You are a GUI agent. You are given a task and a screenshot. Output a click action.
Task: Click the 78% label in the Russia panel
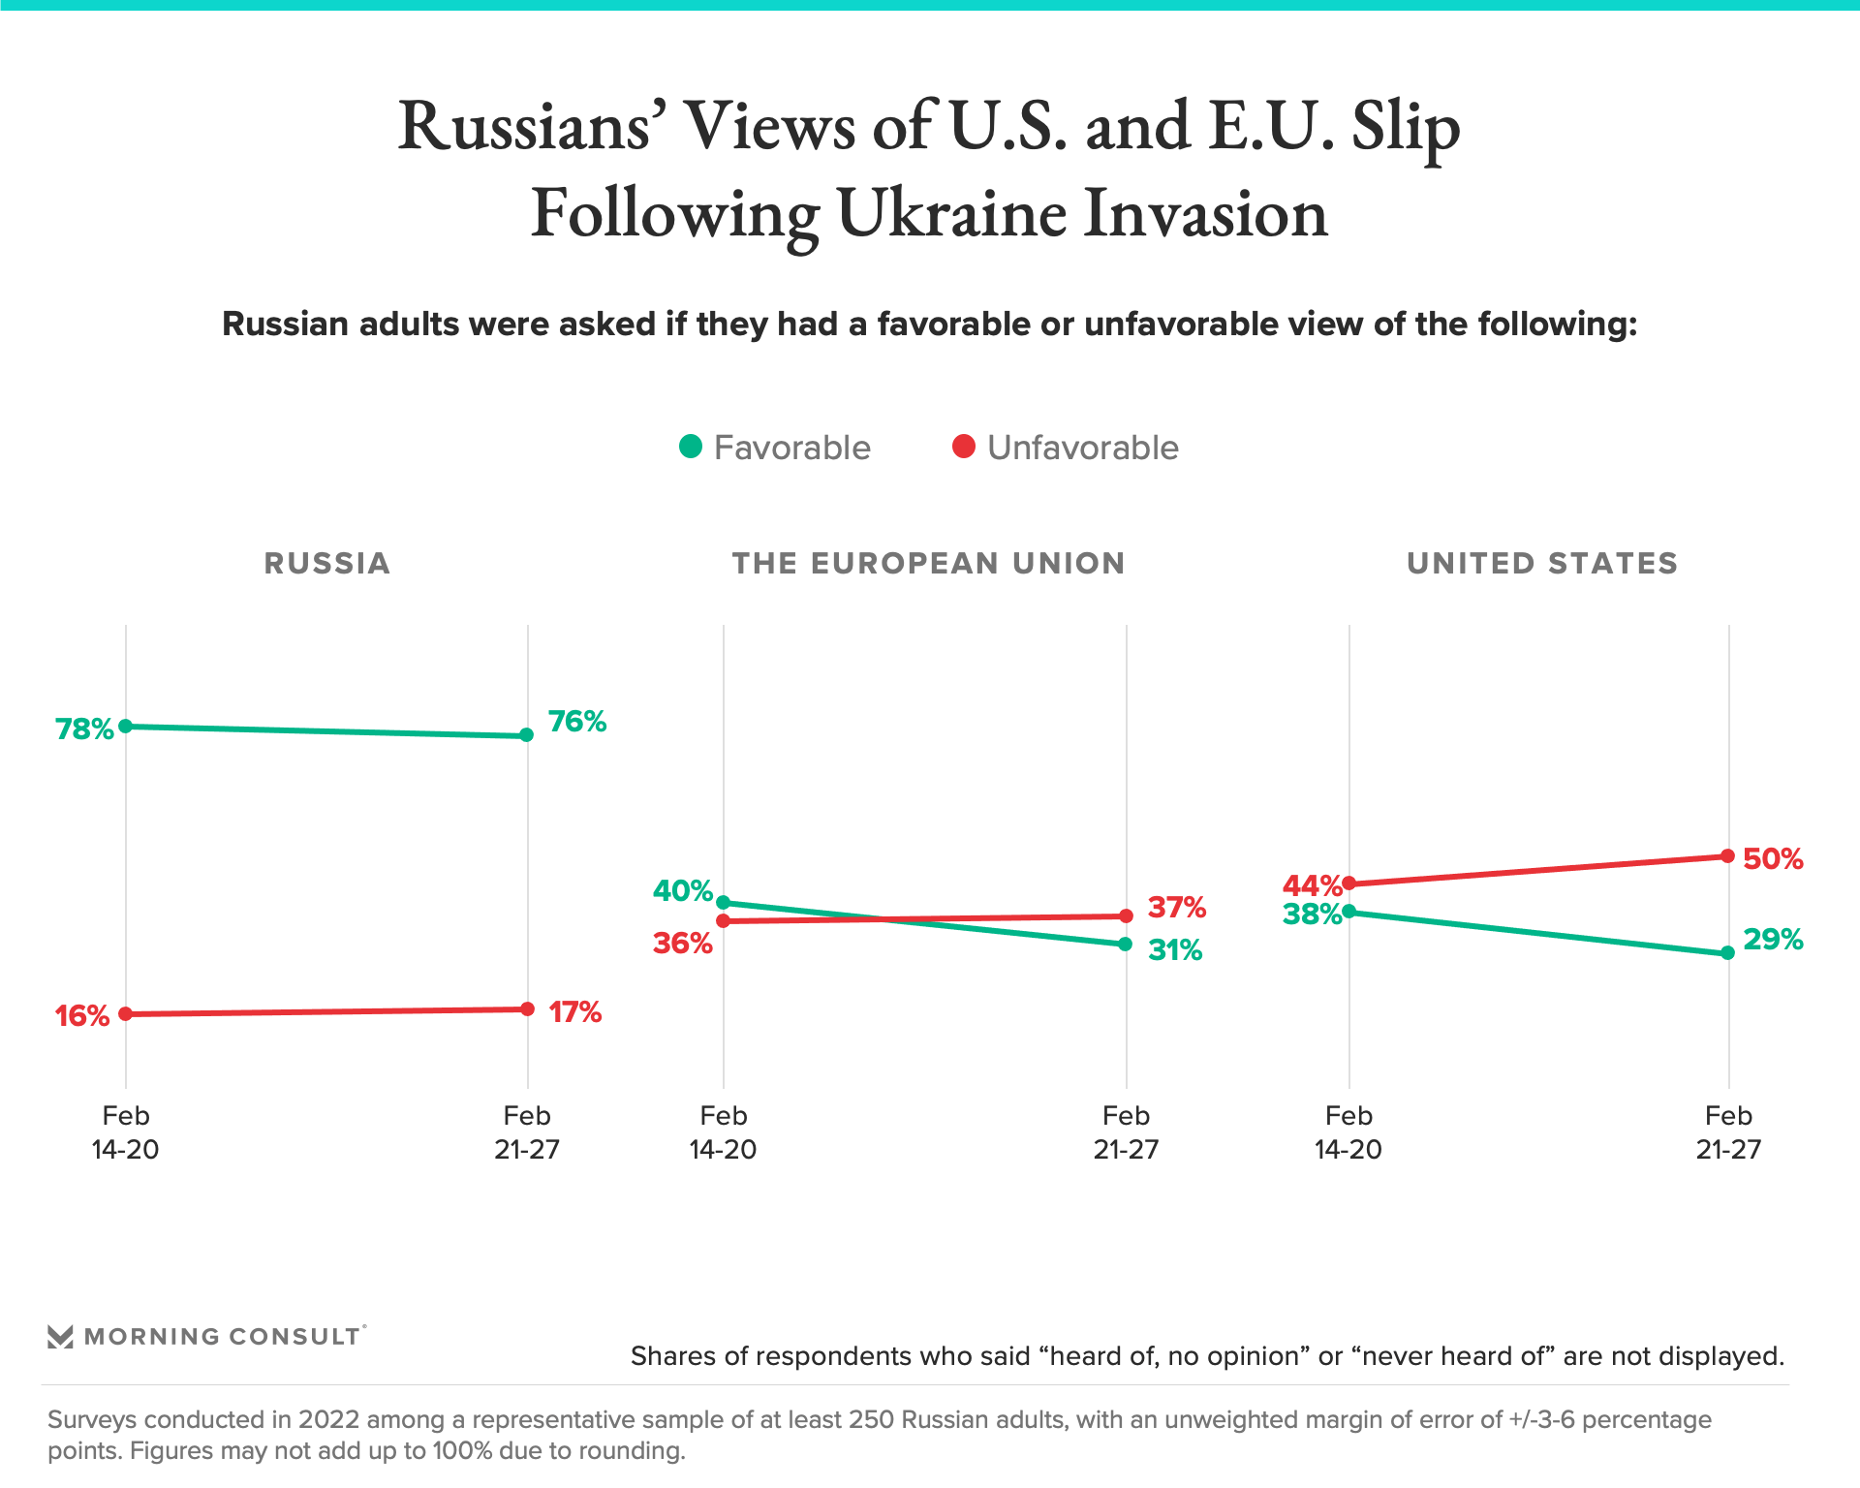tap(84, 728)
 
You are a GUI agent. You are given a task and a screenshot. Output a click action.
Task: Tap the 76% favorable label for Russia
tap(577, 722)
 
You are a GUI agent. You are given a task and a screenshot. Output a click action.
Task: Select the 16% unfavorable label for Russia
tap(82, 1015)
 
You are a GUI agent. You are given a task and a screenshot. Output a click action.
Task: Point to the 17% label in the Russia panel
tap(575, 1012)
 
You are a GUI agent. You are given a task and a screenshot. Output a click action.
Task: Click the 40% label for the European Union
tap(682, 891)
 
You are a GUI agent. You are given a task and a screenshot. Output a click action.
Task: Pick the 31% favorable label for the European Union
tap(1175, 950)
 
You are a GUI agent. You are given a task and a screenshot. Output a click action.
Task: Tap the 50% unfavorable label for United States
tap(1773, 859)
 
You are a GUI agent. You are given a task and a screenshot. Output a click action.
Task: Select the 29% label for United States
tap(1773, 940)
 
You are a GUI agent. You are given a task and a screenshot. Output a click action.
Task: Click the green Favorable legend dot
tap(691, 447)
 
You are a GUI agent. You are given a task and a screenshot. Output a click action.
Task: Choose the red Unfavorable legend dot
tap(964, 447)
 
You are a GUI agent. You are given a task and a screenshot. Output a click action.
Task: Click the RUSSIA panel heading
tap(327, 563)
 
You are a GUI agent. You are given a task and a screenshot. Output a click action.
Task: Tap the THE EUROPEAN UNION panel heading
tap(928, 563)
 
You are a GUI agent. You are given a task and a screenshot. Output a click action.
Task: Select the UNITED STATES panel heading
tap(1542, 563)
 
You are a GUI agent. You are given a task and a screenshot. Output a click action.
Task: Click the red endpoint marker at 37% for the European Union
tap(1126, 915)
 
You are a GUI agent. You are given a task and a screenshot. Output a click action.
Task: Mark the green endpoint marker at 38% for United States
tap(1349, 912)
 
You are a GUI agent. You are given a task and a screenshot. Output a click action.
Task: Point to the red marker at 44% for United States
tap(1349, 883)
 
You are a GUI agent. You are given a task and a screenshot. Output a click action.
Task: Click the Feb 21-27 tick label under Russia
tap(527, 1132)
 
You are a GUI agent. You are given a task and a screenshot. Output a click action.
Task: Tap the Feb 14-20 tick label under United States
tap(1348, 1132)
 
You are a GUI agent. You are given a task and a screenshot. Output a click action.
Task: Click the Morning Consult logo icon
tap(61, 1337)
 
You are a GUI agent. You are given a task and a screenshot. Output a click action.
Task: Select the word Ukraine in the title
tap(951, 213)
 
